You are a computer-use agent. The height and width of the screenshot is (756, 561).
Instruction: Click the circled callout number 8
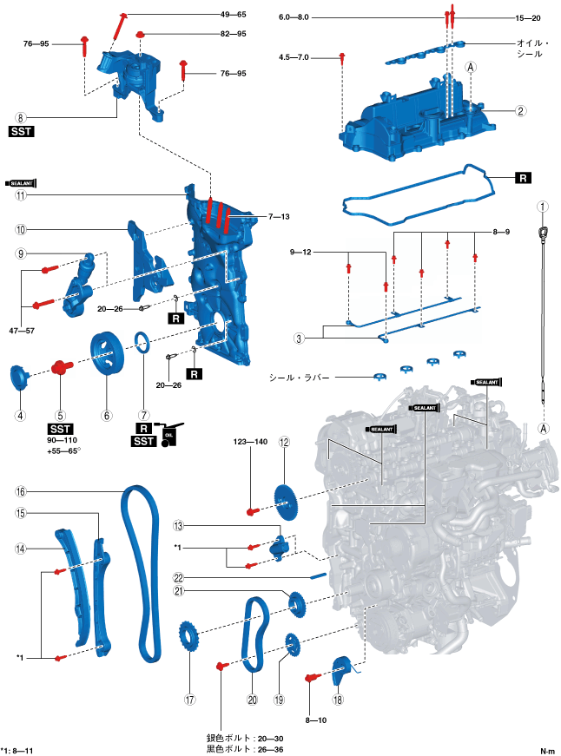point(19,116)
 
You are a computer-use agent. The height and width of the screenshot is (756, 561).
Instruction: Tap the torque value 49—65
point(233,15)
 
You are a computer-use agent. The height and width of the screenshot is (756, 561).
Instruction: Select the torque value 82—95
point(233,34)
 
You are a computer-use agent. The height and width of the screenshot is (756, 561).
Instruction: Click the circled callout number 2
point(519,110)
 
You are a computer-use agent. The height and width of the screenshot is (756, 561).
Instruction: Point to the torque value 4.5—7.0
point(295,57)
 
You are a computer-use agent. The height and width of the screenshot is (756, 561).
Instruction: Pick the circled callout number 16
point(19,491)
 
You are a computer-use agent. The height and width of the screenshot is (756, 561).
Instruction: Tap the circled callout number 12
point(283,442)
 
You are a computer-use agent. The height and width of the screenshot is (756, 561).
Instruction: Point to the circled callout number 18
point(338,699)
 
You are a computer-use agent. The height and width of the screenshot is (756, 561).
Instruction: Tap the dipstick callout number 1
point(542,207)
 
